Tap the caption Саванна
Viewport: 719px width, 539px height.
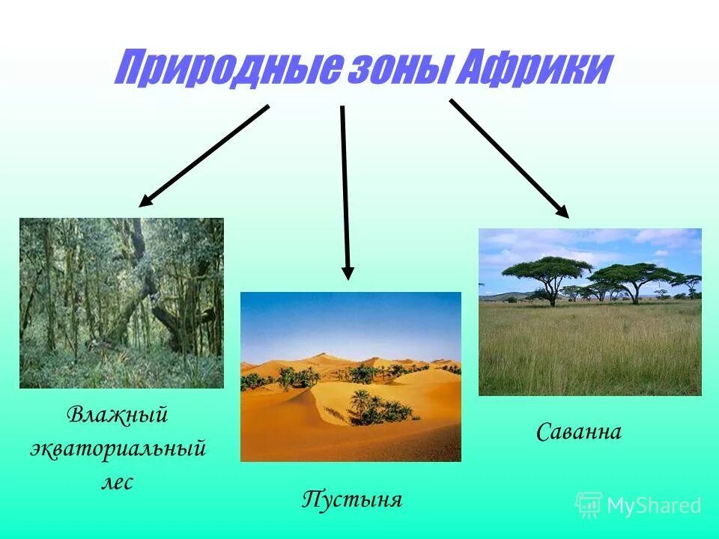579,432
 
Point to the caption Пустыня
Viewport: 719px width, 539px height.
352,499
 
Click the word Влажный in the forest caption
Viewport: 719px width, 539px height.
117,415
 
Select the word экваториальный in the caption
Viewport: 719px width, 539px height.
118,449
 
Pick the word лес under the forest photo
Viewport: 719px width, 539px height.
117,482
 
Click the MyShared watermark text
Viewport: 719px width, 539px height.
654,505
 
